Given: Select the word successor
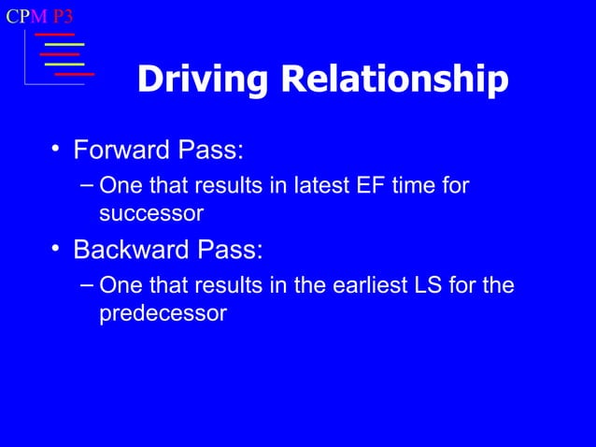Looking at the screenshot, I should pos(151,213).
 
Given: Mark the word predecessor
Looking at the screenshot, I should pos(163,313).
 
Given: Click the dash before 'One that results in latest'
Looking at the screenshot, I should pos(86,184).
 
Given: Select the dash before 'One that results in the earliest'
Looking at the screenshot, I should pos(86,283).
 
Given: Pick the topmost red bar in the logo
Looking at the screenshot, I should pos(54,35).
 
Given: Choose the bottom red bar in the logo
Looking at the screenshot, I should pos(75,73).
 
